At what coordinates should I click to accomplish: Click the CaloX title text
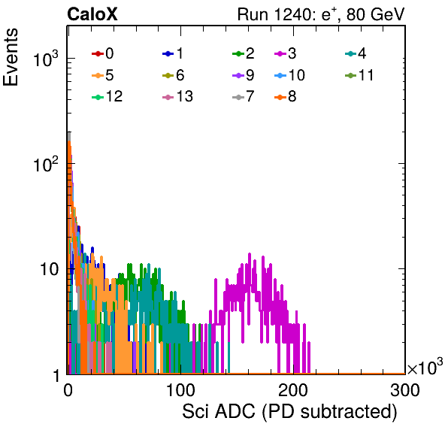92,14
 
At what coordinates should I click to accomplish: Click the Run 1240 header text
321,14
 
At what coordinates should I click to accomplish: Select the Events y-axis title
11,57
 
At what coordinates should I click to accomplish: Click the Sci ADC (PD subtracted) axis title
289,412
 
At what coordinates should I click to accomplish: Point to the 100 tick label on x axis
180,390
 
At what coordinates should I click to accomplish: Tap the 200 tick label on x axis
293,390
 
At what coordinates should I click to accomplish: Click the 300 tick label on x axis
405,390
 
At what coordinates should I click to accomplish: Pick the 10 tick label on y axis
50,269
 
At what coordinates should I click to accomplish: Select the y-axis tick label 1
56,375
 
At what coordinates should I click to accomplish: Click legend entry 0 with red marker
102,53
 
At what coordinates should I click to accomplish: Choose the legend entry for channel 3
286,53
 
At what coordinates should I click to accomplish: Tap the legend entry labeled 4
356,53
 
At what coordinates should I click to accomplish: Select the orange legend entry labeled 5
102,75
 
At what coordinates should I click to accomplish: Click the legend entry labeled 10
289,75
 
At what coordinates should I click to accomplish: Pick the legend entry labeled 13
177,96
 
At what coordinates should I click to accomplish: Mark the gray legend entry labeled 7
244,96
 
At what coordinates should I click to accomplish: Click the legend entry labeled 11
359,75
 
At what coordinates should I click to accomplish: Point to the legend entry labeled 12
107,96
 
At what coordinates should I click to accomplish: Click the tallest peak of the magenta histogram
250,253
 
